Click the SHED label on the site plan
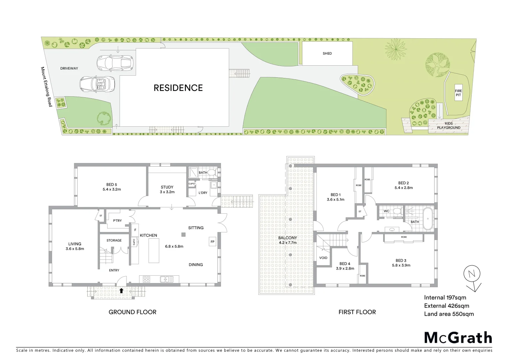[x=327, y=53]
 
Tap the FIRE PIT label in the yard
[x=458, y=93]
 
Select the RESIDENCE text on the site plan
[x=178, y=88]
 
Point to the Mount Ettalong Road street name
[x=46, y=87]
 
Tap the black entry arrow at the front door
[x=121, y=291]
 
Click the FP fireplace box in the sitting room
[x=212, y=241]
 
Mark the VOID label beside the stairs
[x=323, y=258]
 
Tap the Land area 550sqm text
[x=449, y=314]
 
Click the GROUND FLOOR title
[x=132, y=312]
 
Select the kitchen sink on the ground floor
[x=166, y=279]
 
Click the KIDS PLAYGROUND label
[x=448, y=126]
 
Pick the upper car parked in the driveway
[x=115, y=62]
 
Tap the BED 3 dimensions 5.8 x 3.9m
[x=401, y=265]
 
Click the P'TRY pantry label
[x=117, y=221]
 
